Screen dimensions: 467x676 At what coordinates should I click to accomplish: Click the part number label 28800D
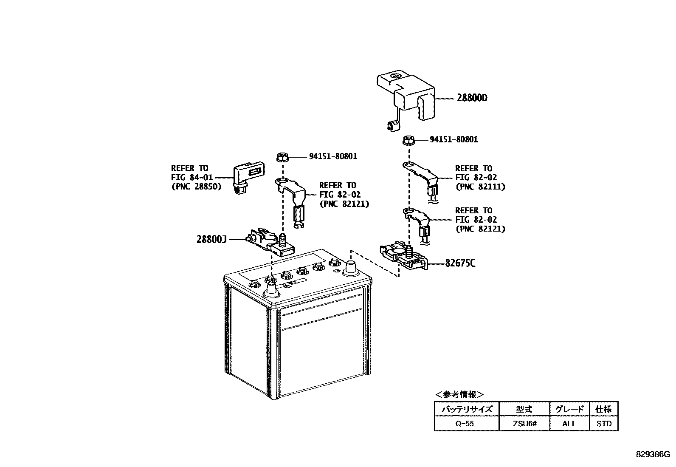[x=472, y=98]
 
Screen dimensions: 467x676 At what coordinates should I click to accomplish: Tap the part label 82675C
[x=460, y=263]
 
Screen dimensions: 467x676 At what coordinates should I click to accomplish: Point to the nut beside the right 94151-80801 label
[x=408, y=139]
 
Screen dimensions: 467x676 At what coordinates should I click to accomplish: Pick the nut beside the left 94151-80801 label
[x=282, y=156]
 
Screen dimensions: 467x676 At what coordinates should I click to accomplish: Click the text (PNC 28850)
[x=196, y=186]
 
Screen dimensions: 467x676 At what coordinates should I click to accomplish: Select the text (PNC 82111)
[x=480, y=186]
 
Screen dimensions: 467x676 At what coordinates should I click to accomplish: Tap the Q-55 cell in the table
[x=466, y=423]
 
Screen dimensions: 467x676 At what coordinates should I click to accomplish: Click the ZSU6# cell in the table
[x=524, y=423]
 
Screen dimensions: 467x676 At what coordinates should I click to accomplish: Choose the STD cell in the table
[x=604, y=423]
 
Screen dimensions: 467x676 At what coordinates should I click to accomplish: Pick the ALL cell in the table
[x=569, y=423]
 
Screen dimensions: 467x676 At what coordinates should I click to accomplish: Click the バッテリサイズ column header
[x=466, y=409]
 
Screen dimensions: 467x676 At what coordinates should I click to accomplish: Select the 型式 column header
[x=524, y=409]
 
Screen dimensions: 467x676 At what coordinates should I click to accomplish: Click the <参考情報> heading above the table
[x=459, y=394]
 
